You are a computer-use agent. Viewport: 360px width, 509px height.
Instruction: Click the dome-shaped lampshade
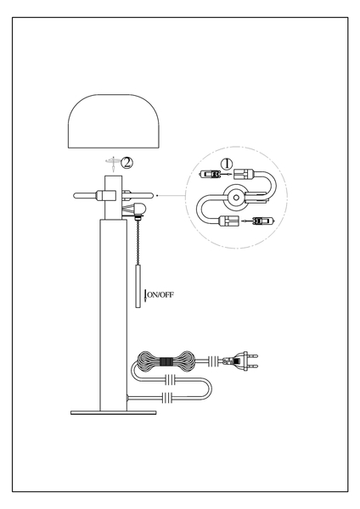tap(114, 120)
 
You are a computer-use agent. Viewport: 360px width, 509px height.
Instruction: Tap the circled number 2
tap(127, 162)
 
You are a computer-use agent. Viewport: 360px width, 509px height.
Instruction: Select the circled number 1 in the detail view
tap(227, 164)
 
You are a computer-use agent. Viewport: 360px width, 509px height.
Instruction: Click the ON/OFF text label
tap(160, 294)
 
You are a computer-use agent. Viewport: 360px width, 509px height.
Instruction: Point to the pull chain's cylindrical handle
tap(138, 286)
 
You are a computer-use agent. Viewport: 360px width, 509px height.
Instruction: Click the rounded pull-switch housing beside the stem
tap(139, 208)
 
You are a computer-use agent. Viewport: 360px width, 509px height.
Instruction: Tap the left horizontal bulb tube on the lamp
tap(86, 196)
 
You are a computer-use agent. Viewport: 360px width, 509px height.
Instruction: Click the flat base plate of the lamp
tap(114, 412)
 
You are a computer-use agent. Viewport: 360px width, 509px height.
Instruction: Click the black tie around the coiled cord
tap(166, 361)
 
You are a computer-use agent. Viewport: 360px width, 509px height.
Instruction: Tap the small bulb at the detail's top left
tap(211, 175)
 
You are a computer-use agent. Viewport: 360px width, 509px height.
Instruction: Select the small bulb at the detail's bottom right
tap(263, 221)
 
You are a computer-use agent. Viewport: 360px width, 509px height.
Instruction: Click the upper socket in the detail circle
tap(243, 175)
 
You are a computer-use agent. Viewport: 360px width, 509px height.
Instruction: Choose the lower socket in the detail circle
tap(230, 221)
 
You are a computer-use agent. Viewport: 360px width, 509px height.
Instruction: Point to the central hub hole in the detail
tap(235, 197)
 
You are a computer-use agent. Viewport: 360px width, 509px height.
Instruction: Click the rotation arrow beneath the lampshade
tap(113, 164)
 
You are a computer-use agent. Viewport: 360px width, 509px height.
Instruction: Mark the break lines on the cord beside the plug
tap(213, 361)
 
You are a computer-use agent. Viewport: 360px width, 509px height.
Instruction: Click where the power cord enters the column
tap(128, 397)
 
